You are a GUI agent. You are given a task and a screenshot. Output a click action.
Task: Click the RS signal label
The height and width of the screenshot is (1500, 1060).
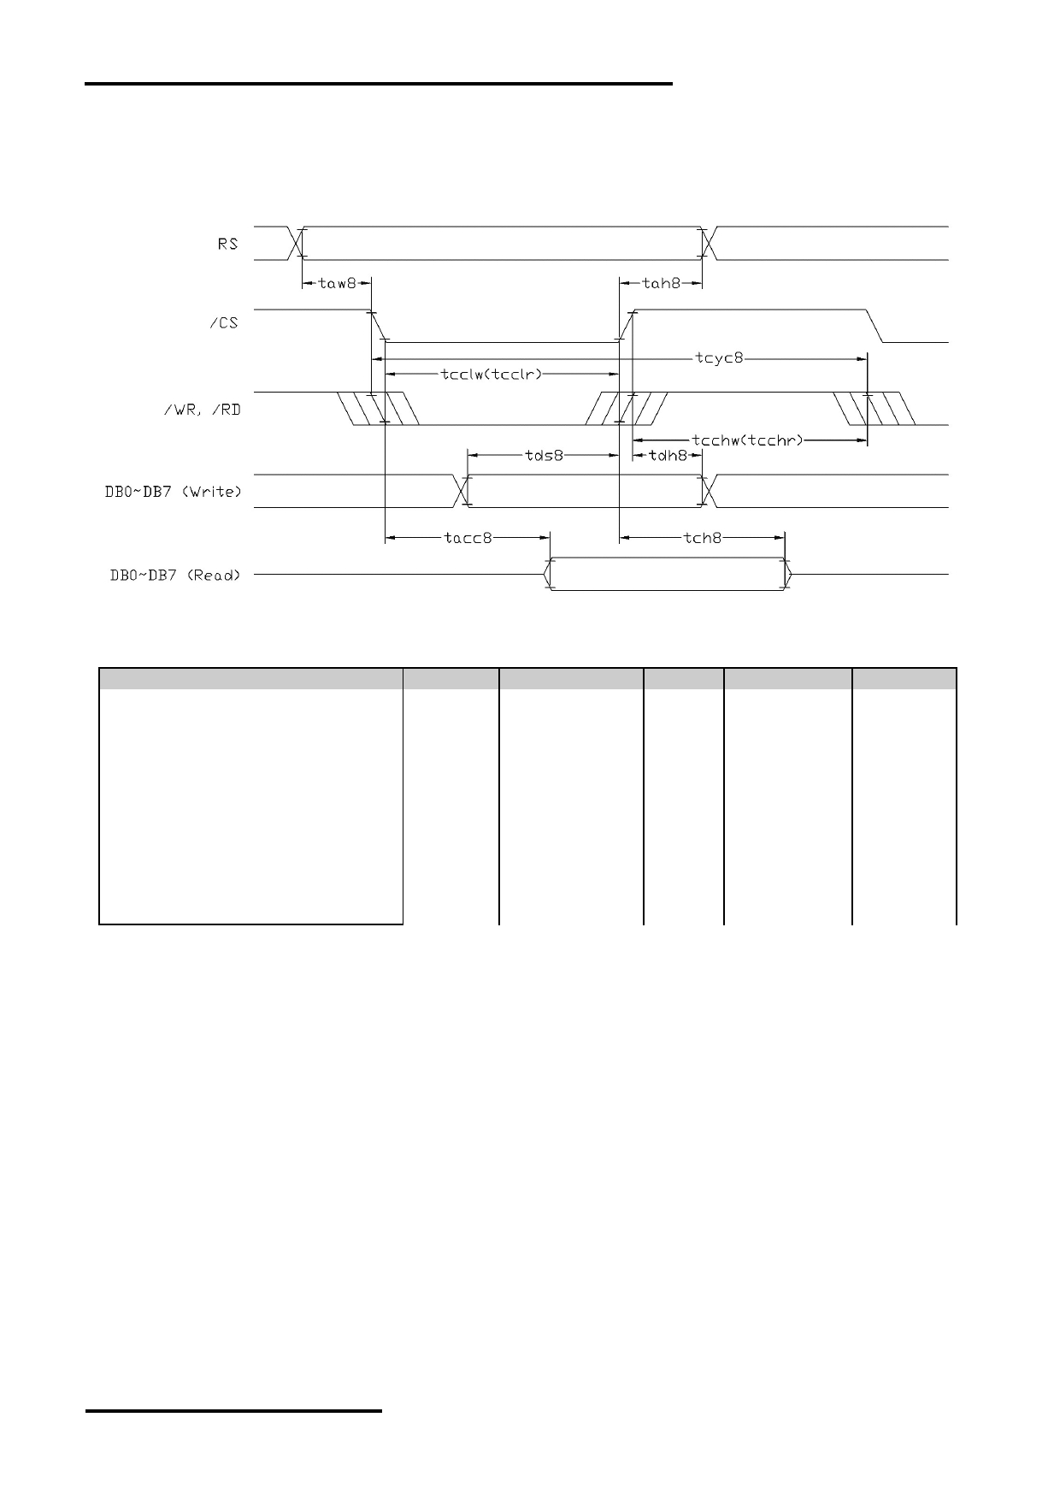click(227, 244)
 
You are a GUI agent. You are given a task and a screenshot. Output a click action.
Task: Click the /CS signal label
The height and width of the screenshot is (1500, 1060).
click(224, 323)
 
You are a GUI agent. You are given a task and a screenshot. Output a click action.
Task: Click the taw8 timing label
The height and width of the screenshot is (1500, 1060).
click(336, 283)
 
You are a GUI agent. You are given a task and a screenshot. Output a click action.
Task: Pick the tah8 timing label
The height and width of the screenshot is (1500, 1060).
click(661, 283)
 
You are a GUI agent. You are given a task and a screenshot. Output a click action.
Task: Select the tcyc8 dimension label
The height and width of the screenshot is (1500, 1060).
click(719, 357)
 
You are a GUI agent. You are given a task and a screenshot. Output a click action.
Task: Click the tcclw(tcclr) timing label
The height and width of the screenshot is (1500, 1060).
click(492, 374)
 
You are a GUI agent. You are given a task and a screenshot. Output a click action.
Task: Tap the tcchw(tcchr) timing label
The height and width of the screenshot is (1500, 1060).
click(747, 440)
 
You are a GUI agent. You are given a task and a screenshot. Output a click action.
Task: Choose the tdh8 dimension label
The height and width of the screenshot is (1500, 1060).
click(668, 456)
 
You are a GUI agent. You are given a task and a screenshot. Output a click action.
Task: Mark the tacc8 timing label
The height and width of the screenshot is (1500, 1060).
click(468, 538)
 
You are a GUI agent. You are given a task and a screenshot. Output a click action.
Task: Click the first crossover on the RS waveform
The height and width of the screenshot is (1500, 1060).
click(296, 243)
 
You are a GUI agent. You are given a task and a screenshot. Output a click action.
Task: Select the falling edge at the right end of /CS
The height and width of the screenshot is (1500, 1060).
click(875, 325)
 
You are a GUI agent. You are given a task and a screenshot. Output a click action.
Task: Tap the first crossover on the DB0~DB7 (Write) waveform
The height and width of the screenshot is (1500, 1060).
click(462, 491)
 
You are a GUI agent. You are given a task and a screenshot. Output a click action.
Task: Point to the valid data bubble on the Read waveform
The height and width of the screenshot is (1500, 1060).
click(667, 574)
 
